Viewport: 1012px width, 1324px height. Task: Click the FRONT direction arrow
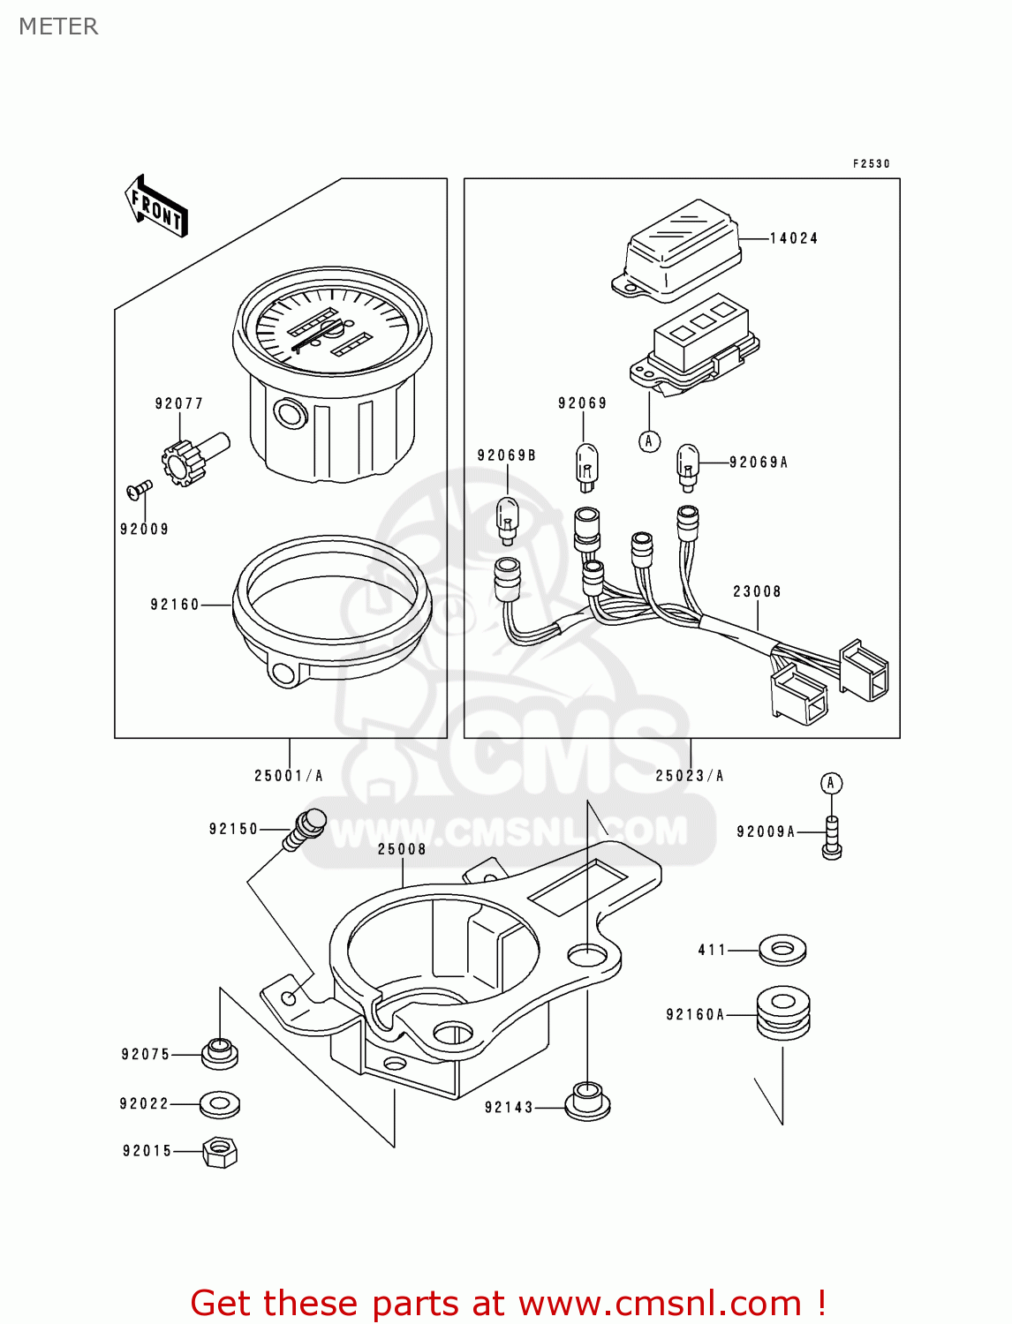click(157, 207)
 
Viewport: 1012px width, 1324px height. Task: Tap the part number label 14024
click(793, 238)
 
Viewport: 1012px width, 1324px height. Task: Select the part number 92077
click(179, 403)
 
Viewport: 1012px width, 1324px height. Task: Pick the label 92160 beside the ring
click(175, 605)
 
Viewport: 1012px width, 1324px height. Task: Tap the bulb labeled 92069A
click(688, 465)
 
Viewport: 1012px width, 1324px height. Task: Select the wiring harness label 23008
click(757, 591)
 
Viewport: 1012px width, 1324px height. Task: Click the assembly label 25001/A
click(289, 776)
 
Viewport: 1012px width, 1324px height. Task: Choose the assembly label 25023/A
click(690, 776)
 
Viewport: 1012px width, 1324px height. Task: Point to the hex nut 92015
click(220, 1152)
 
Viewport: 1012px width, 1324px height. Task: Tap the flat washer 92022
click(219, 1103)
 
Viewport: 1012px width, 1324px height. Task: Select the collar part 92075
click(220, 1053)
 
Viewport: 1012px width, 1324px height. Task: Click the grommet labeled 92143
click(587, 1102)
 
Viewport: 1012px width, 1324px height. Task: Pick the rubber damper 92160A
click(783, 1014)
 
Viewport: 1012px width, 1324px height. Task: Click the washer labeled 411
click(782, 951)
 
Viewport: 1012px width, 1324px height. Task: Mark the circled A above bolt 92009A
click(831, 783)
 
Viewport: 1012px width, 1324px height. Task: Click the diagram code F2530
click(871, 164)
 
